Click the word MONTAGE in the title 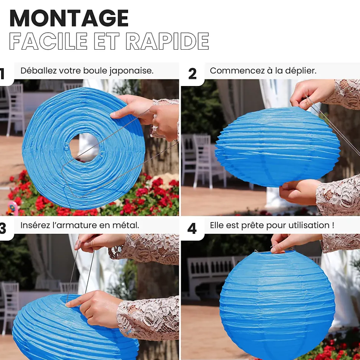click(x=69, y=18)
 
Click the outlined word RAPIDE click(x=167, y=41)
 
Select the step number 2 click(x=192, y=74)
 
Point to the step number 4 click(x=192, y=228)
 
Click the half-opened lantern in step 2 click(x=278, y=147)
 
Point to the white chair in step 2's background click(x=202, y=161)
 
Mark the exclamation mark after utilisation click(x=333, y=225)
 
